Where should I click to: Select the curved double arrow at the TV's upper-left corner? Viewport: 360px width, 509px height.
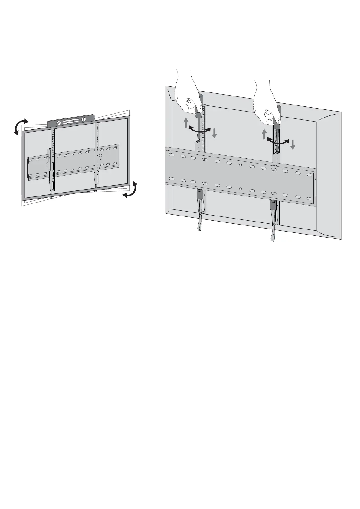point(21,127)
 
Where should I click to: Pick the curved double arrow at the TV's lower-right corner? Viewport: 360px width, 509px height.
point(130,190)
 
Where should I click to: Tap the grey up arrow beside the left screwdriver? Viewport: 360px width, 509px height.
point(186,122)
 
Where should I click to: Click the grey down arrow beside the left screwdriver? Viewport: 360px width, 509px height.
point(214,133)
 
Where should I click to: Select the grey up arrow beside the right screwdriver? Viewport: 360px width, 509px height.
point(264,134)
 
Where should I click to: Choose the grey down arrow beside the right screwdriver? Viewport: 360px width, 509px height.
point(293,144)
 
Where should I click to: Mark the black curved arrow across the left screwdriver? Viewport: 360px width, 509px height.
point(199,130)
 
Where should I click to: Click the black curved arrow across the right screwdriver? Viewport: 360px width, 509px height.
point(278,141)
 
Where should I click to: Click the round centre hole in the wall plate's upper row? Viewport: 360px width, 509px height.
point(240,165)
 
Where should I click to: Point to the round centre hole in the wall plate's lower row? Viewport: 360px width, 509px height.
point(240,189)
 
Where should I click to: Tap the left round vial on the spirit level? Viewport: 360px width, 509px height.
point(58,123)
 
